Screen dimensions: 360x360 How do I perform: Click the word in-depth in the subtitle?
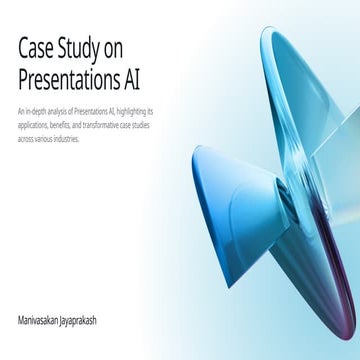[35, 110]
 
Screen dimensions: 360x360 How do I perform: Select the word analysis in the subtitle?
[57, 110]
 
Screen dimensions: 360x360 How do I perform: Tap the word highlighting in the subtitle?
[132, 110]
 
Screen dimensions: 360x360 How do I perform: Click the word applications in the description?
[32, 124]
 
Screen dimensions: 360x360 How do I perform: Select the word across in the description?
[26, 138]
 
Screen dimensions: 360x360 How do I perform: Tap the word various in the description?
[47, 138]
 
